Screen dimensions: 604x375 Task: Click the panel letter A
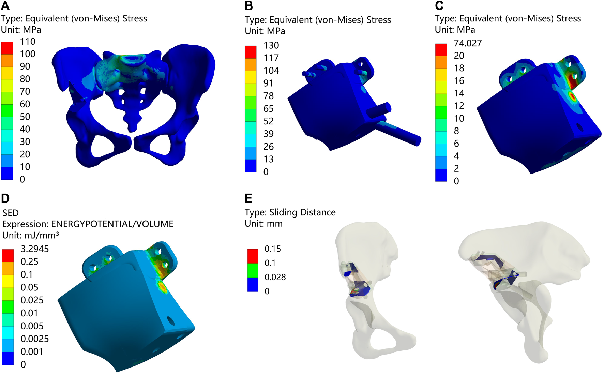click(5, 6)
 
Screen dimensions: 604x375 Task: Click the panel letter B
click(249, 6)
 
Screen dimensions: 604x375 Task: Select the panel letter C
click(439, 6)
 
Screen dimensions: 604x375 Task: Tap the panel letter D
click(5, 198)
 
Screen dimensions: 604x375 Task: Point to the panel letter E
click(248, 198)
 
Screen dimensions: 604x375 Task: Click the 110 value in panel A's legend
click(28, 42)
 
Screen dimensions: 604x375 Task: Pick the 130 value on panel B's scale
click(271, 45)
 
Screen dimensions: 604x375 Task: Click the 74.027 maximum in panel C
click(468, 43)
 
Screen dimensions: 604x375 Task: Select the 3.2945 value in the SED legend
click(35, 249)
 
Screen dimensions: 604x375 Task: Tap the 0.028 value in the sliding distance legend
click(275, 277)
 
